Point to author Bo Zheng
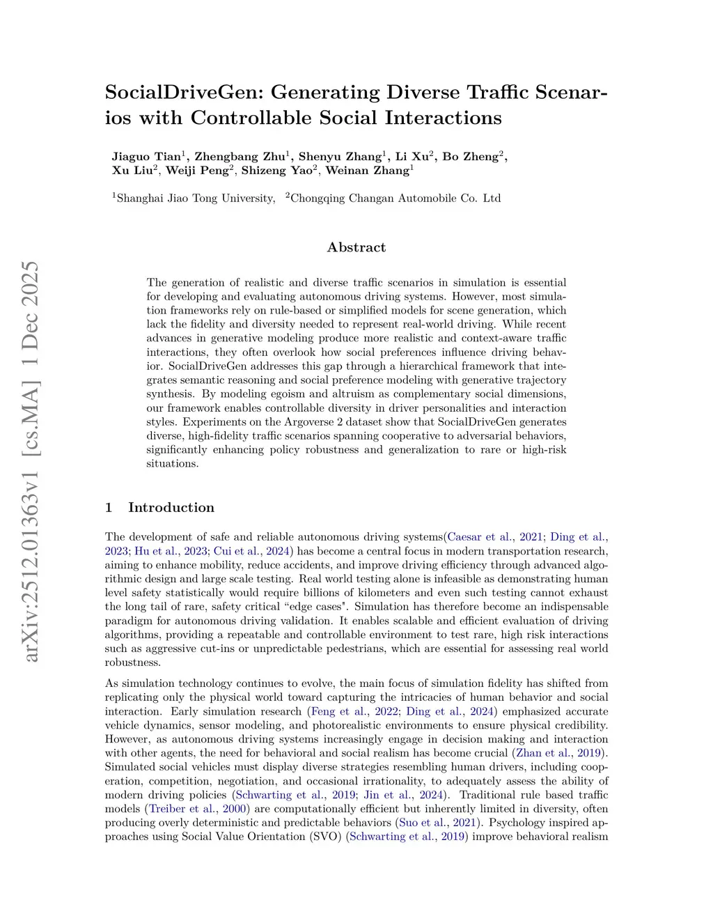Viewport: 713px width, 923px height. pyautogui.click(x=470, y=156)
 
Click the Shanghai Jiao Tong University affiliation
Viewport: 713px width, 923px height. pyautogui.click(x=196, y=199)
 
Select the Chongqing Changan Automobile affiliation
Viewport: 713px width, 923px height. pyautogui.click(x=395, y=199)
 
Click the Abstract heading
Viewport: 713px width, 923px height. pyautogui.click(x=356, y=247)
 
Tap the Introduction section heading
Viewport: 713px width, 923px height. pyautogui.click(x=171, y=507)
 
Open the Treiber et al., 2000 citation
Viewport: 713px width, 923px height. pyautogui.click(x=198, y=809)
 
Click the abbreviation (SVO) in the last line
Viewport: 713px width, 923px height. pyautogui.click(x=325, y=837)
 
